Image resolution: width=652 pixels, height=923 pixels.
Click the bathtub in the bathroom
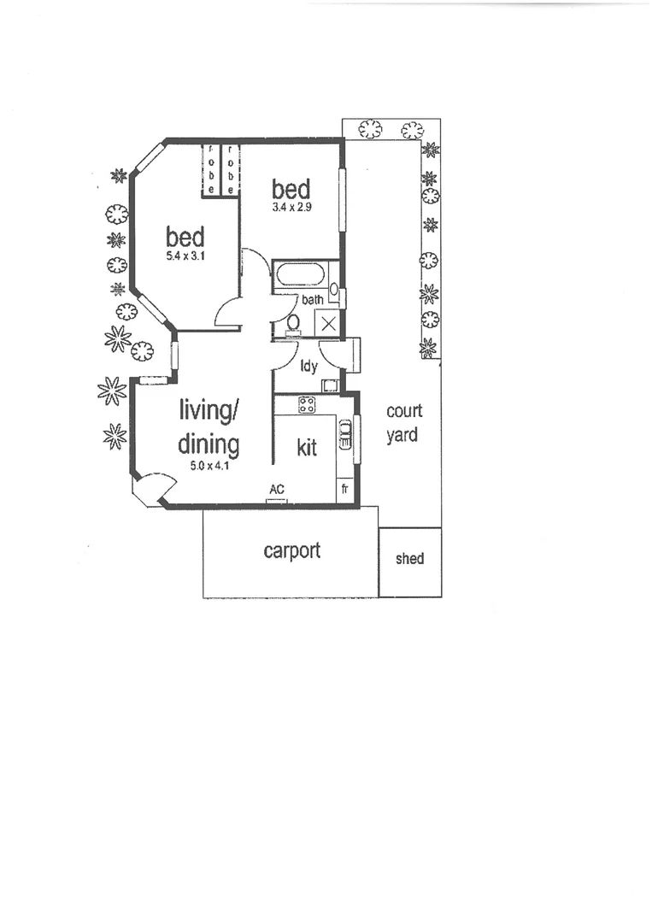pos(300,275)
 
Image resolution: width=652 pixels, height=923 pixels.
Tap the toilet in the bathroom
pos(293,323)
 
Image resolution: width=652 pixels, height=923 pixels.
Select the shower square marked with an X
pos(328,324)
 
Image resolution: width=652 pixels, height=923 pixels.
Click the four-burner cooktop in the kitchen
pos(307,405)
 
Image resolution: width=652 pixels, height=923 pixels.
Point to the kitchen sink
pos(345,433)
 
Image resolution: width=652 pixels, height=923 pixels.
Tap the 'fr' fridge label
pos(344,489)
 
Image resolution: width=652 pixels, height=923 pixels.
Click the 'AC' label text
pos(276,489)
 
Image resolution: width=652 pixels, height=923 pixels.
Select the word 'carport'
pos(291,550)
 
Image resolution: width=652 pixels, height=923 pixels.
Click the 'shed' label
pos(409,559)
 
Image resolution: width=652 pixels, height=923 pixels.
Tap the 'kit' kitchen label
pos(307,447)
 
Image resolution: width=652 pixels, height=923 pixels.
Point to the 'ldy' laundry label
pos(308,367)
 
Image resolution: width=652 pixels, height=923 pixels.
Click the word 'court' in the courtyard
pos(404,411)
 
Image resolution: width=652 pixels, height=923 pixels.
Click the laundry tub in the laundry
pos(330,385)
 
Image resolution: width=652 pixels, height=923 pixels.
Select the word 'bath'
pos(312,300)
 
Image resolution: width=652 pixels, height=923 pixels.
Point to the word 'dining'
pos(209,444)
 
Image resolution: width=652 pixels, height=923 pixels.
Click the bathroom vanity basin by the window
pos(333,290)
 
